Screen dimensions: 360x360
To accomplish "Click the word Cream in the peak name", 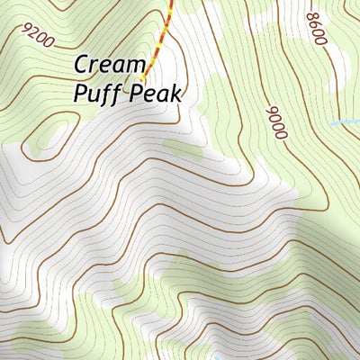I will tap(109, 65).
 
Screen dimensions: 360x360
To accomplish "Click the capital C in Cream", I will tap(81, 65).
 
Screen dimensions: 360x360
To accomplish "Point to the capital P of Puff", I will tap(80, 93).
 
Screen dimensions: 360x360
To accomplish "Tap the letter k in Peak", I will tap(177, 93).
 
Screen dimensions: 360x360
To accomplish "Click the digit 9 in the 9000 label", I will tap(272, 111).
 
